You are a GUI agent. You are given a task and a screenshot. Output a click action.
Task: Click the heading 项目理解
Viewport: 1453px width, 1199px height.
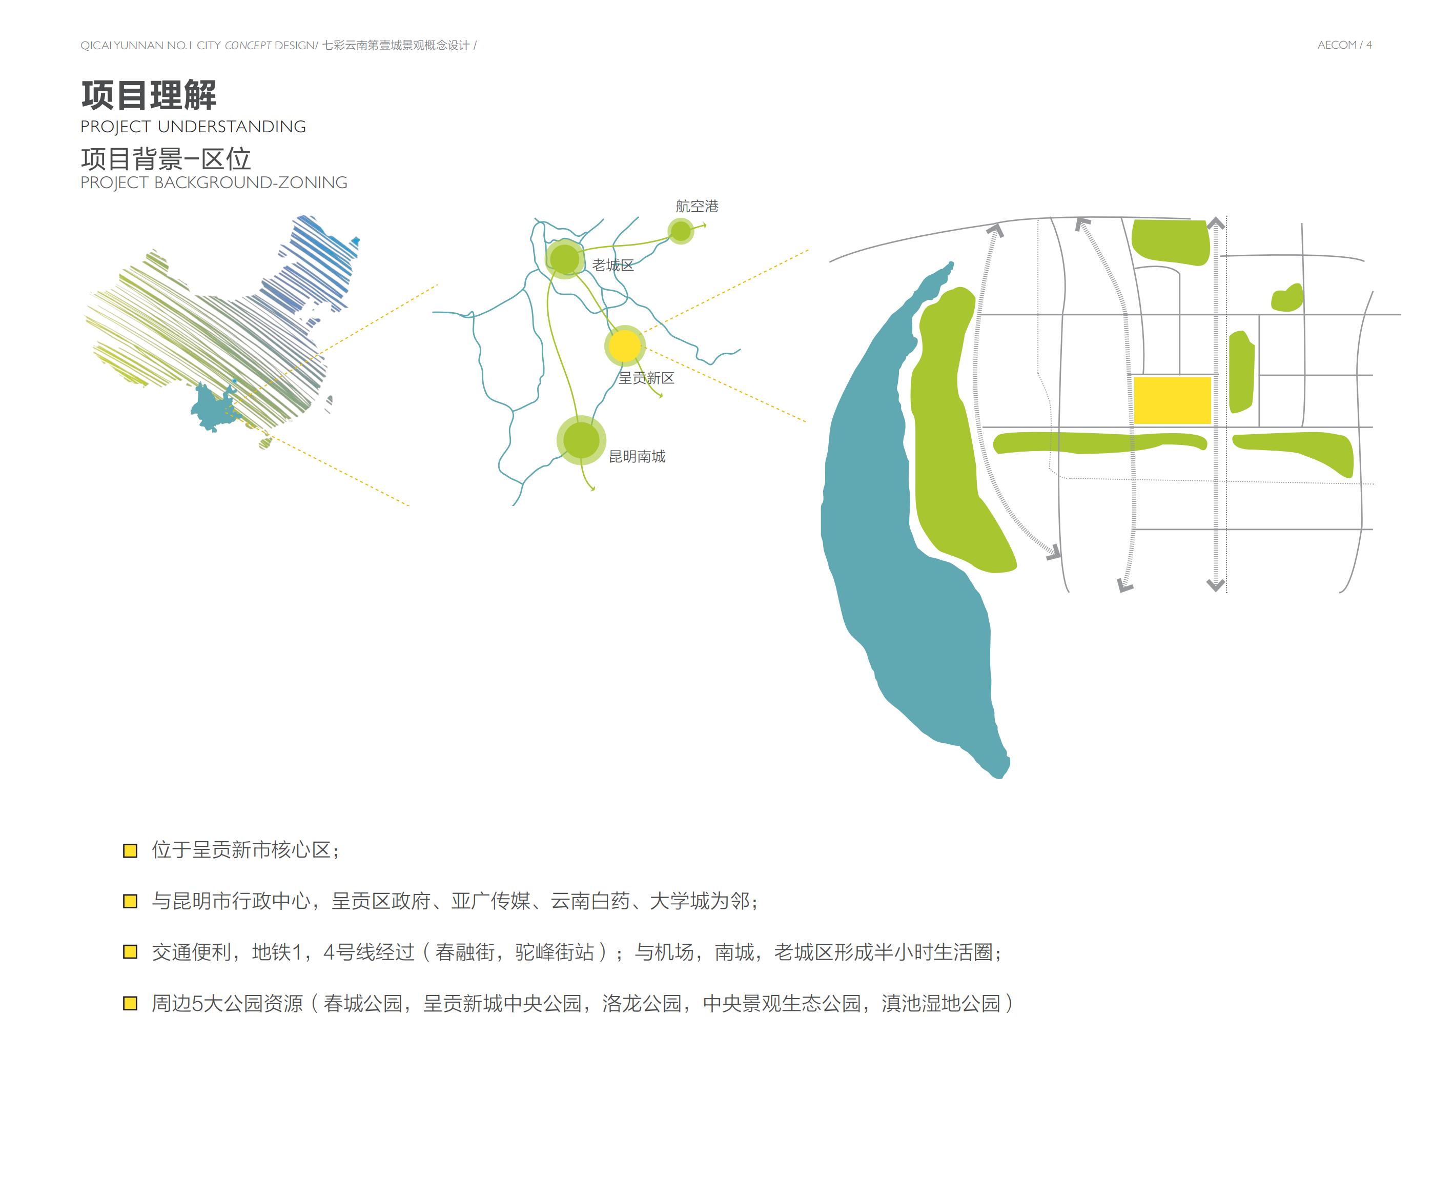coord(149,95)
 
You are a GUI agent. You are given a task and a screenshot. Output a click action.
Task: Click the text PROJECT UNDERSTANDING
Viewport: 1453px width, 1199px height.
coord(193,127)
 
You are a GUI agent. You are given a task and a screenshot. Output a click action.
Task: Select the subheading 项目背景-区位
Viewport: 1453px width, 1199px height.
coord(165,159)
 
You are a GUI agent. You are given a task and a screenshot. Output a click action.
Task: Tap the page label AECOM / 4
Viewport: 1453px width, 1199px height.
coord(1344,45)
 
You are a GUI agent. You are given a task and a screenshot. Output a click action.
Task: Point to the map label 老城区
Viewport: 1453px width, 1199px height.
coord(612,265)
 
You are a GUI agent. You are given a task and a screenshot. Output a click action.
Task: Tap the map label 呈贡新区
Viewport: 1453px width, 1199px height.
coord(646,378)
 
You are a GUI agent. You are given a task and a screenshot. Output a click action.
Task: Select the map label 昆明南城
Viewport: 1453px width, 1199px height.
coord(637,457)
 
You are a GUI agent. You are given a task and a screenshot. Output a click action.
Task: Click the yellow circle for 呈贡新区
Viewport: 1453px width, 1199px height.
coord(624,346)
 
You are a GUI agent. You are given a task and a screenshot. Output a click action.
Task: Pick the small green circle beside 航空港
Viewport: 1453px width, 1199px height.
coord(681,231)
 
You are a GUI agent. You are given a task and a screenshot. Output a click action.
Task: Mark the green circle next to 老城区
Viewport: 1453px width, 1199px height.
coord(564,259)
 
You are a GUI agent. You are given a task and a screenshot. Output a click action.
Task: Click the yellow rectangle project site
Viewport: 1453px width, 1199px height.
coord(1172,400)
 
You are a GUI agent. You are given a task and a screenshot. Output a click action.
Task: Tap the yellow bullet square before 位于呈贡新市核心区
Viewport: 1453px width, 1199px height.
coord(130,850)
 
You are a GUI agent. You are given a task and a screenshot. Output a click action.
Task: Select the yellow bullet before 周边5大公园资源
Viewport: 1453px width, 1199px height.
coord(130,1004)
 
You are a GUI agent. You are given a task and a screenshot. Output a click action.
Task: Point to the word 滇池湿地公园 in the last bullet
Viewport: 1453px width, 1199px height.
coord(940,1004)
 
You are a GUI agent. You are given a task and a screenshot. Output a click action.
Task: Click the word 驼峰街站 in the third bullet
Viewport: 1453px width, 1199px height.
coord(555,952)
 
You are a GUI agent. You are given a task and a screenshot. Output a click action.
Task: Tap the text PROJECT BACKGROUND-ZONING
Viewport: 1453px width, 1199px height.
coord(213,183)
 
